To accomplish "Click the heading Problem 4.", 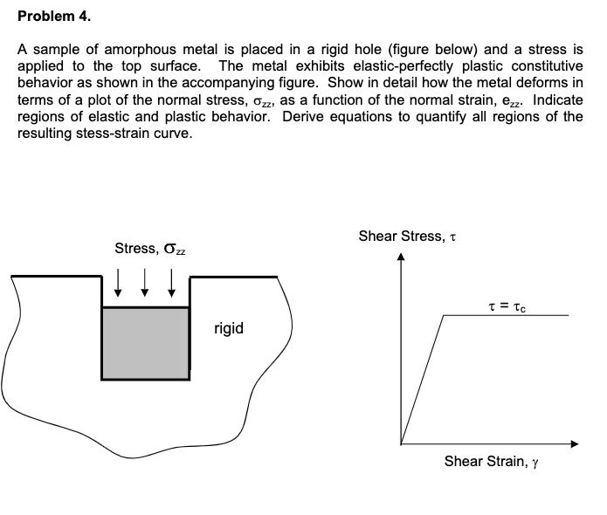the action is (x=53, y=17).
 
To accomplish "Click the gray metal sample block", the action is (x=145, y=343).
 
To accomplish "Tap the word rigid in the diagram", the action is (x=229, y=329).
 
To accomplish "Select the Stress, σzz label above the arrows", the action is (x=149, y=249).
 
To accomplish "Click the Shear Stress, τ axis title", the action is (x=408, y=236).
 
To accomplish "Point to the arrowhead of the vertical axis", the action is (x=401, y=257).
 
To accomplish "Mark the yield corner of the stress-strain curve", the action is (x=445, y=315).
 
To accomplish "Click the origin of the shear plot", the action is (x=401, y=444).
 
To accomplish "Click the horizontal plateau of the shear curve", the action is (x=507, y=315).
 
